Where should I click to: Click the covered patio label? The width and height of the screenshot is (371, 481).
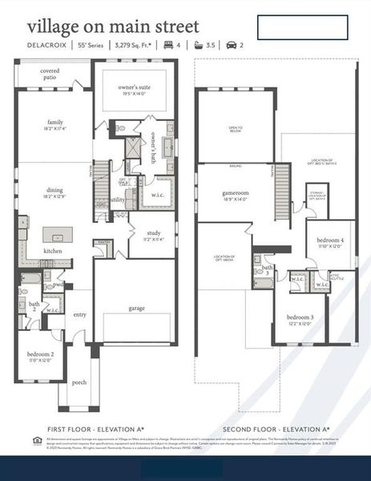tap(50, 74)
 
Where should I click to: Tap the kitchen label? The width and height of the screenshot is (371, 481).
tap(54, 251)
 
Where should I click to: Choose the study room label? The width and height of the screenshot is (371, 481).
tap(153, 234)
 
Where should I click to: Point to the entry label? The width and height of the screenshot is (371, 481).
tap(79, 315)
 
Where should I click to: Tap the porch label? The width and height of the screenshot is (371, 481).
tap(78, 382)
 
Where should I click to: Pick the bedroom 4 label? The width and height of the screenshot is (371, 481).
tap(329, 242)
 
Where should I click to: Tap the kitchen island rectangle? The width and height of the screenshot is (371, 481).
tap(58, 235)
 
